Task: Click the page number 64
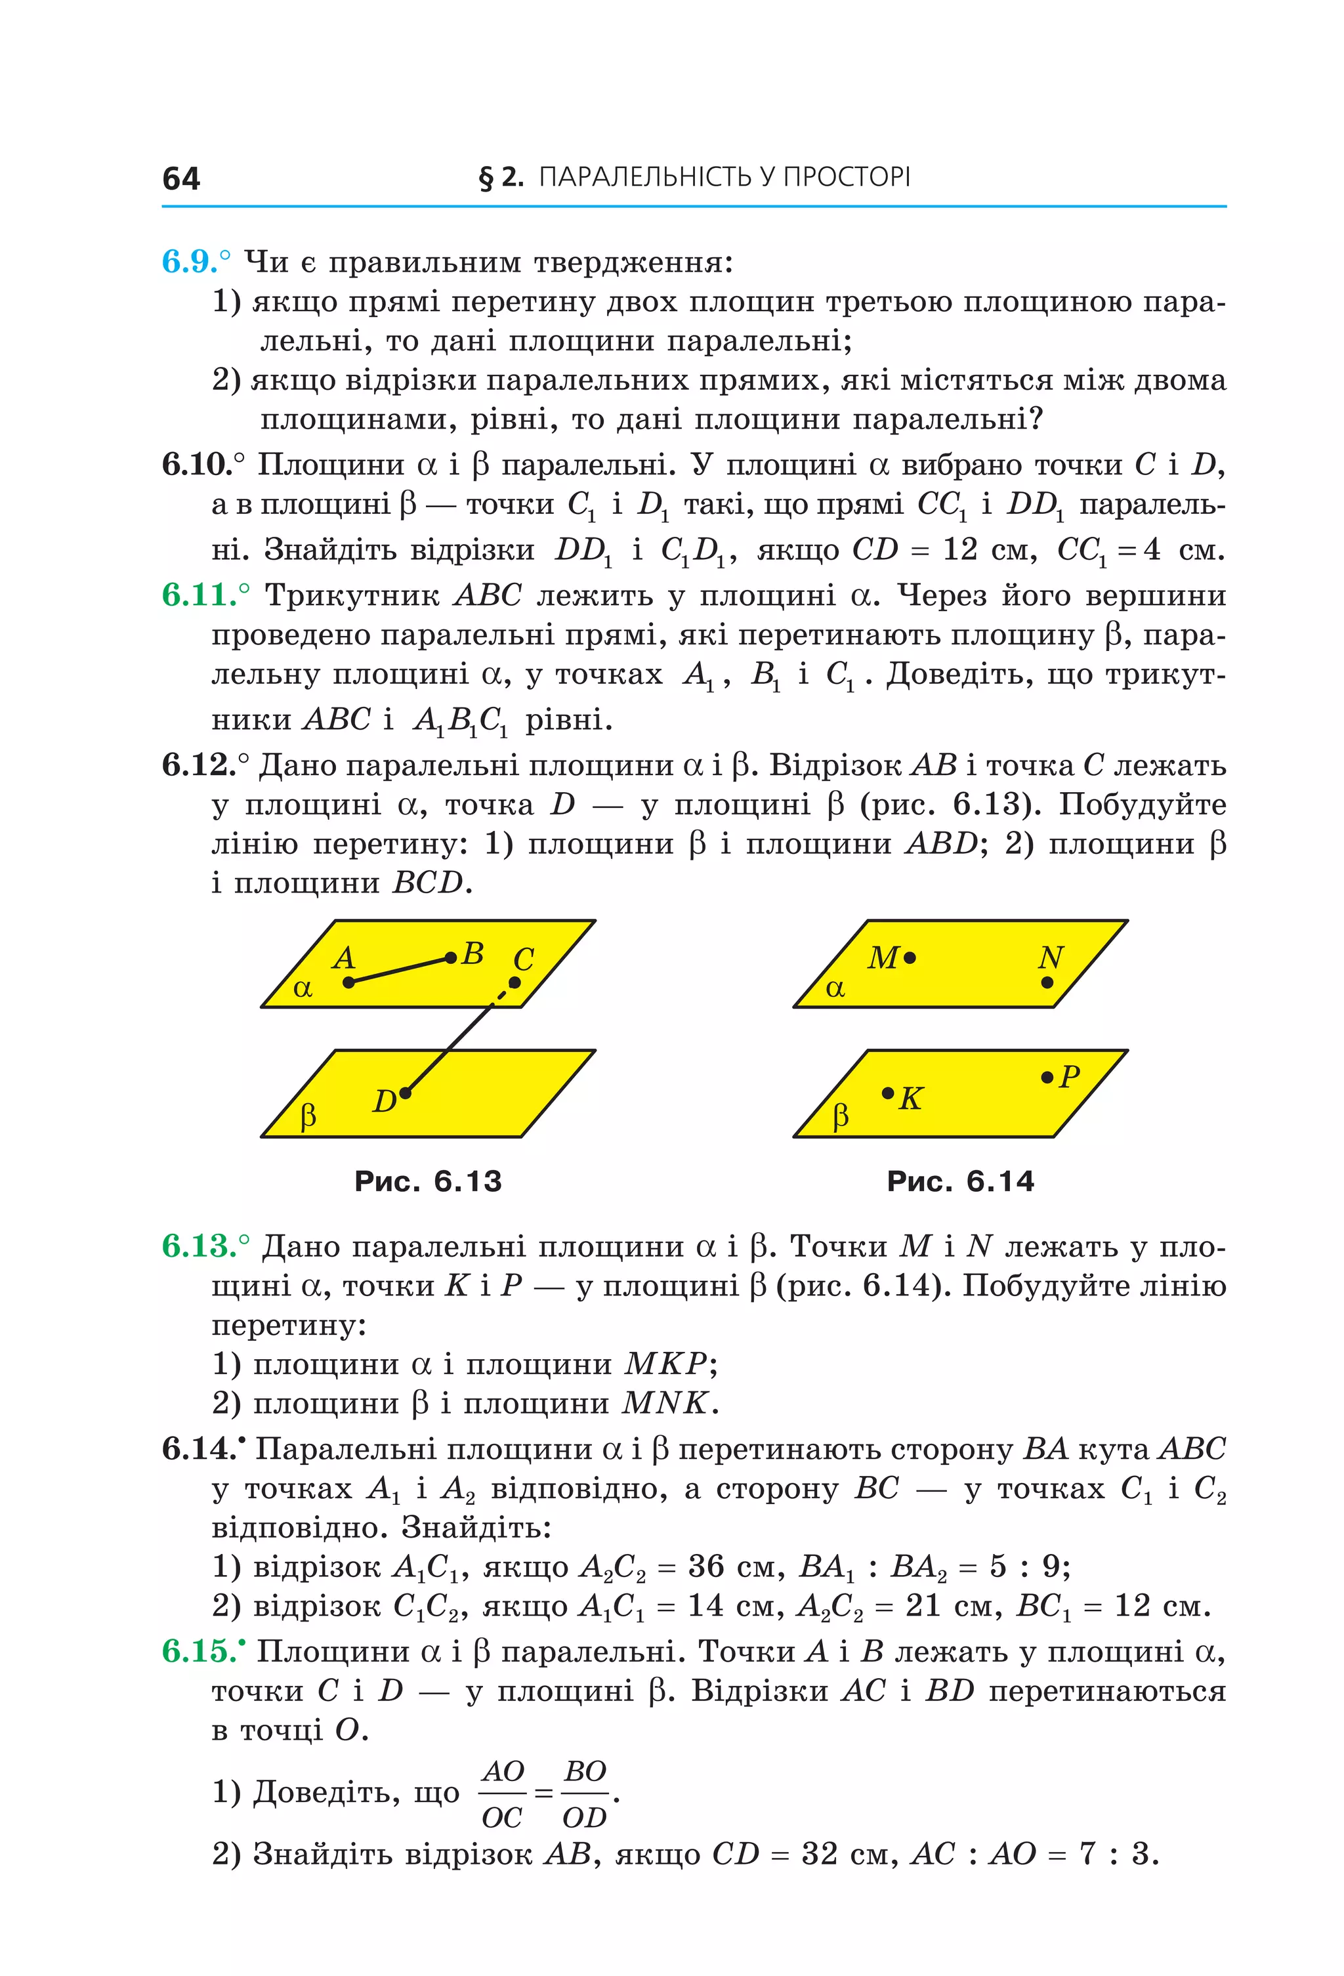coord(180,179)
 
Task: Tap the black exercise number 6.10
coord(196,464)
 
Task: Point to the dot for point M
coord(910,958)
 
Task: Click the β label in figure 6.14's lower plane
coord(841,1116)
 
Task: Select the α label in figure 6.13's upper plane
coord(303,989)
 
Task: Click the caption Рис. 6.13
coord(428,1181)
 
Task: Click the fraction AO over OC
coord(503,1794)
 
